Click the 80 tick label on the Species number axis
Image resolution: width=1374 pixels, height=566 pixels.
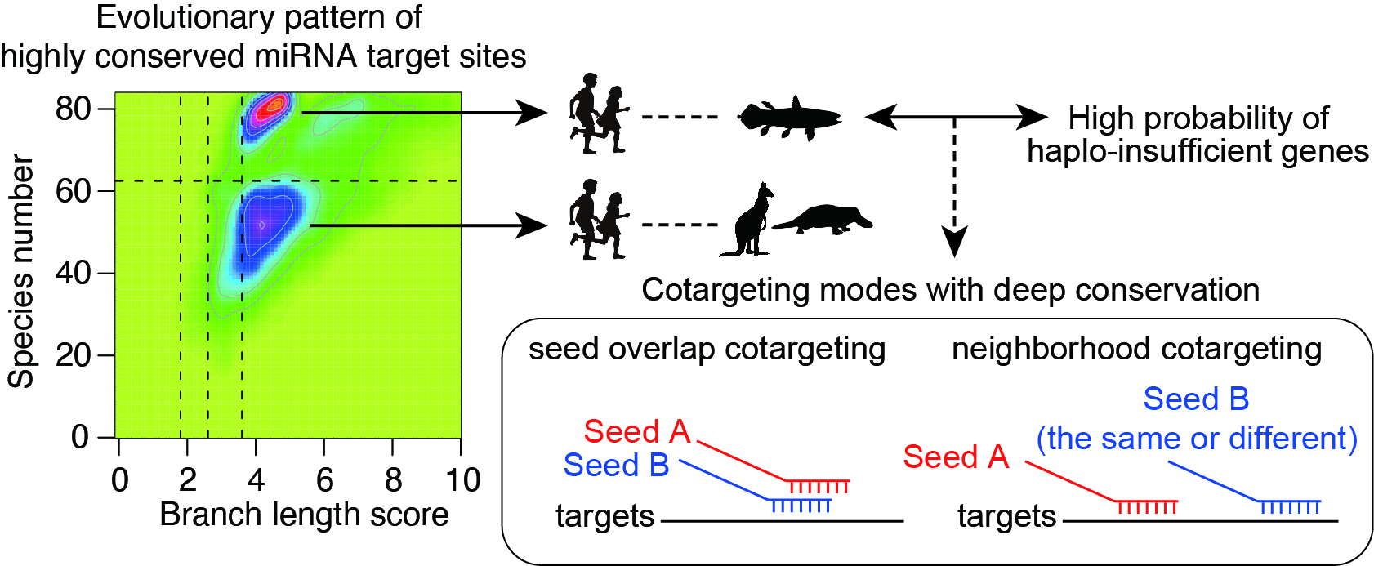pos(73,109)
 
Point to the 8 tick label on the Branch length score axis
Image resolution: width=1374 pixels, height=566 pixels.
pos(393,480)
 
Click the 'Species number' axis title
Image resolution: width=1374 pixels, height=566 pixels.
pos(20,272)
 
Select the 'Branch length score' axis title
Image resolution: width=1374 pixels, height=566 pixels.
pos(304,515)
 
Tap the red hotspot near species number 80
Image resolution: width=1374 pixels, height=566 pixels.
pos(272,109)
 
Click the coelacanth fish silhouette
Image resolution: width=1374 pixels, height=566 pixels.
pos(790,118)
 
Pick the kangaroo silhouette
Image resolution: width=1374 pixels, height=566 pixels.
pos(747,219)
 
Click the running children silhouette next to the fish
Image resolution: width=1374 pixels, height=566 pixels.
pos(599,114)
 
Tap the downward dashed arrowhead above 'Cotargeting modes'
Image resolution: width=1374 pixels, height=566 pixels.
pos(954,241)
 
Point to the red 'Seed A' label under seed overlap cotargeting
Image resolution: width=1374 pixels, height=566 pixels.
pos(636,431)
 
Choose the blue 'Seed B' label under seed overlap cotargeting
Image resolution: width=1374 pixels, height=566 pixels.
pos(616,465)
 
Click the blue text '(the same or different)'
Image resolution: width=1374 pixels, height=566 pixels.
pos(1197,439)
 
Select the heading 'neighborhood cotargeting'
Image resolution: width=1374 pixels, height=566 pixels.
pos(1136,350)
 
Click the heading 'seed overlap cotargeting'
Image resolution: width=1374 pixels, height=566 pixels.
pos(707,350)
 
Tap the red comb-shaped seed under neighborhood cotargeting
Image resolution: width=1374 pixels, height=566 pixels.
pos(1146,506)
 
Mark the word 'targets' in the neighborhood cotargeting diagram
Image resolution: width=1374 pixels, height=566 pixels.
pos(1006,516)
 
